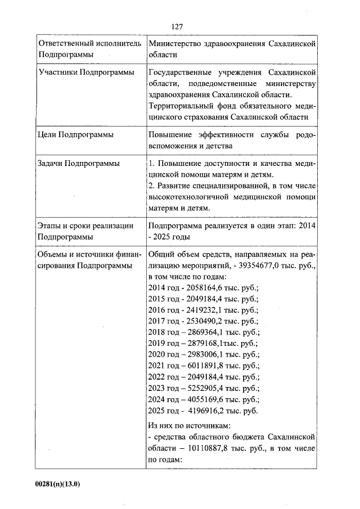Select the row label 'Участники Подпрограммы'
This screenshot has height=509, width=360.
[x=85, y=73]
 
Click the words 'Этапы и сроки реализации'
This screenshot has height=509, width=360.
[x=85, y=226]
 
